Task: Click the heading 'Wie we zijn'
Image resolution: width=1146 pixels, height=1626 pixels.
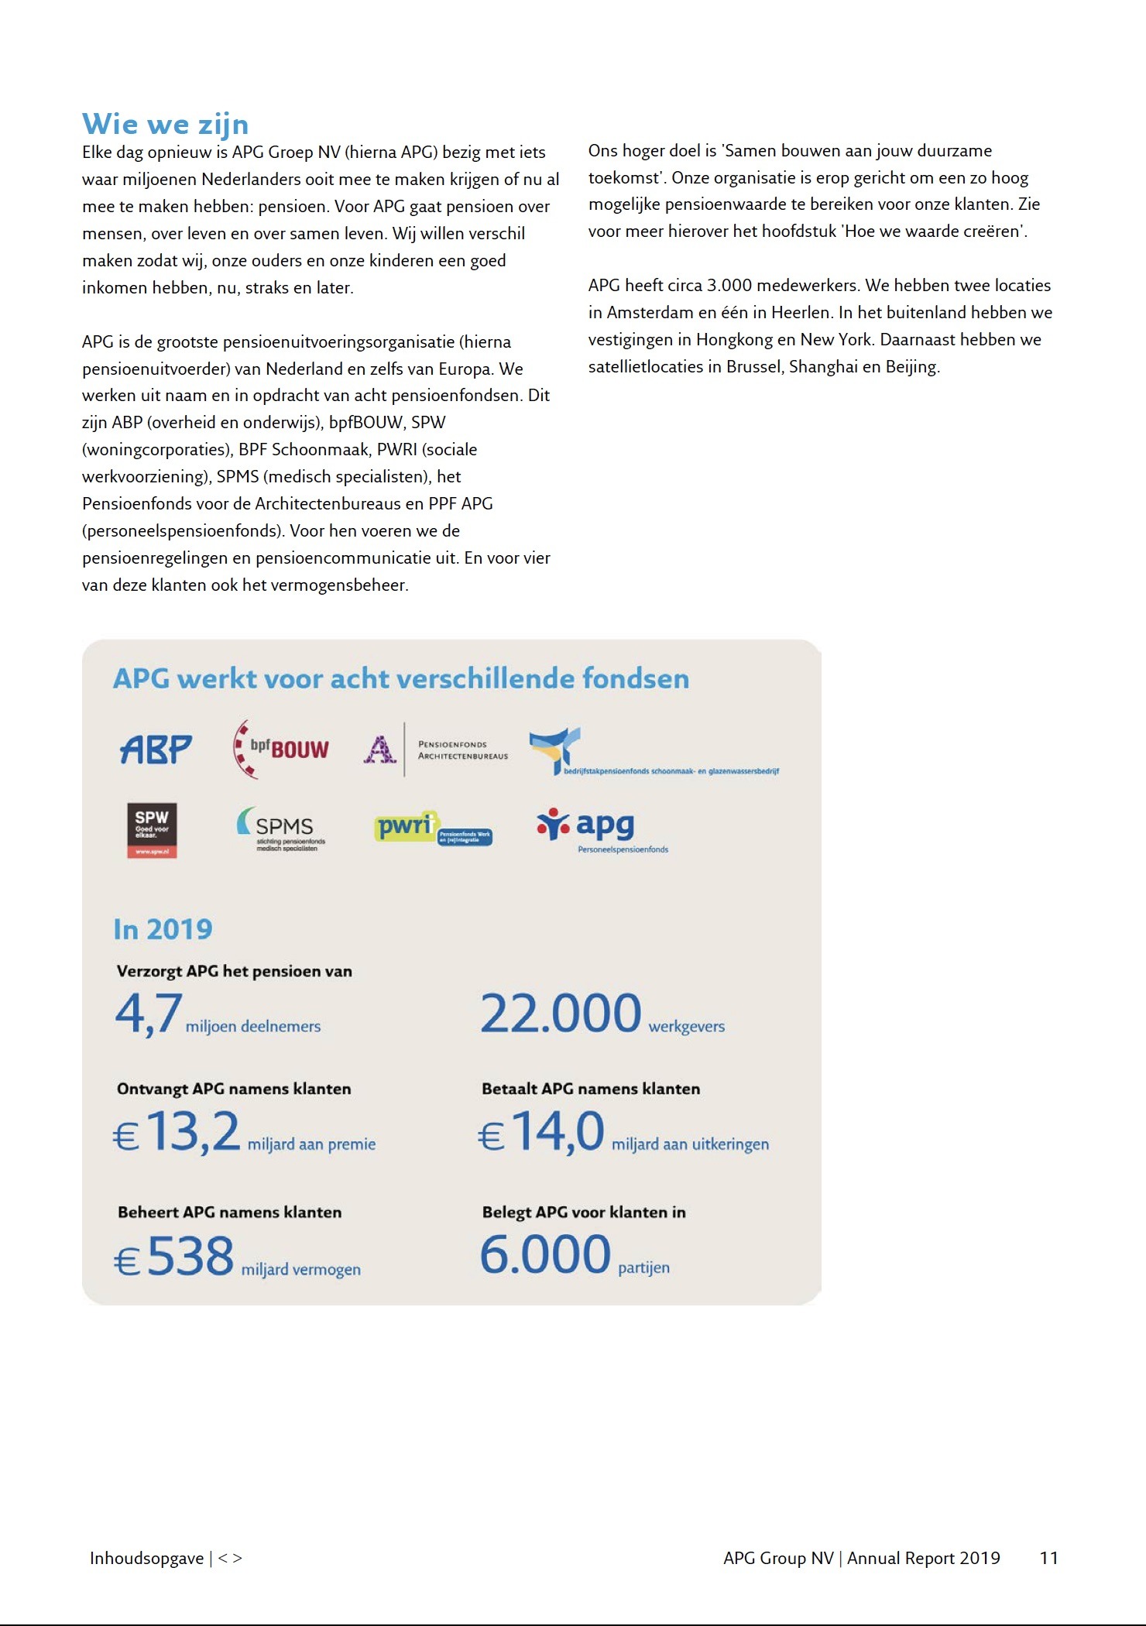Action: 165,125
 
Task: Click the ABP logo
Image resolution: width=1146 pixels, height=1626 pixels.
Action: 156,749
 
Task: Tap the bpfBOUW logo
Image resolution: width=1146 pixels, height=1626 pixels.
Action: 281,749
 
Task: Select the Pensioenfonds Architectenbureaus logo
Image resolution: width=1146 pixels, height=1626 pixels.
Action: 436,750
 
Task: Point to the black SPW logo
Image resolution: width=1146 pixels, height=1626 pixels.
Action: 152,830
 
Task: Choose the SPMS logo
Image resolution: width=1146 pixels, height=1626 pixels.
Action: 281,828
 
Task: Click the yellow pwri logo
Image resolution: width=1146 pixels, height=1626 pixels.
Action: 432,828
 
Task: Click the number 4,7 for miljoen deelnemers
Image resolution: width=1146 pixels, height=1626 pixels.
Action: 149,1014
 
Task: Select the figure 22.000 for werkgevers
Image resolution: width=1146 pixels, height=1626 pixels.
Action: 561,1014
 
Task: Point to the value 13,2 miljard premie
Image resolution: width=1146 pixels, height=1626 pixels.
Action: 193,1132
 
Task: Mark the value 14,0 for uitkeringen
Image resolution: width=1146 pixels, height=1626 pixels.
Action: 558,1132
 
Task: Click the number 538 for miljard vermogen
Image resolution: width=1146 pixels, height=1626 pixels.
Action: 190,1256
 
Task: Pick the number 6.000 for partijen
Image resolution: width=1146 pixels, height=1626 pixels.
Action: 545,1255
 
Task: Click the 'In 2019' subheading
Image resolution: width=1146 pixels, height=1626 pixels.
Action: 163,929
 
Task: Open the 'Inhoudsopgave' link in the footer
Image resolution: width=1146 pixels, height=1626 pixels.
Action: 146,1558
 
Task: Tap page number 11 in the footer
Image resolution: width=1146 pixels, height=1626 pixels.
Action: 1048,1558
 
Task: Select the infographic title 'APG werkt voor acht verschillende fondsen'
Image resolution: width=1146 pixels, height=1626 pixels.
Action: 401,679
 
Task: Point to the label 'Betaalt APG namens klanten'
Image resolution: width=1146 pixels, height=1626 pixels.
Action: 591,1089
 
